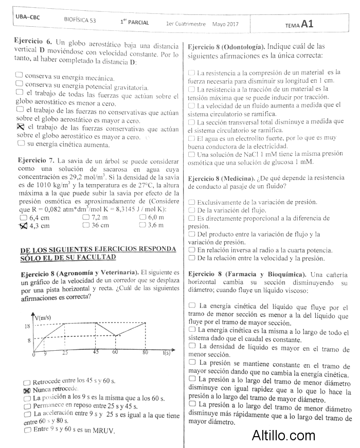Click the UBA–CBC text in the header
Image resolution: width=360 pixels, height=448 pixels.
coord(28,16)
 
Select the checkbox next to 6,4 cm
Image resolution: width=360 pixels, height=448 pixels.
coord(23,218)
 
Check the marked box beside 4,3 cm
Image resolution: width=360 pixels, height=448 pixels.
coord(23,225)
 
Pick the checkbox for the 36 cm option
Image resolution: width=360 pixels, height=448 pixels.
coord(86,225)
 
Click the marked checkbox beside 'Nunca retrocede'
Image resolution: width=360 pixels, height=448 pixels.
coord(27,390)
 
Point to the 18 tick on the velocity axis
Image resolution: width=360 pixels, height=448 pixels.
coord(27,327)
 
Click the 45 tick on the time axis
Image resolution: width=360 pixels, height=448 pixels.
coord(96,352)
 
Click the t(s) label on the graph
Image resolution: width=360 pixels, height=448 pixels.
coord(167,353)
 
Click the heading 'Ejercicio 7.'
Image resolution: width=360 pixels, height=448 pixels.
coord(36,160)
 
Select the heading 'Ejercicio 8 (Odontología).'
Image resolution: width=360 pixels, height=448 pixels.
coord(226,46)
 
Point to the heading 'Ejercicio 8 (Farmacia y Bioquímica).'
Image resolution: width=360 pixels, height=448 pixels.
coord(247,274)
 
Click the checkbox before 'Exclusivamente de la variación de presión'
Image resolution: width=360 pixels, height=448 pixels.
coord(192,203)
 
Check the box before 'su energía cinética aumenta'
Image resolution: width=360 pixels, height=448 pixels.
coord(20,144)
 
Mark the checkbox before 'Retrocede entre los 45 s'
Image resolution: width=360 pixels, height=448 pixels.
coord(27,382)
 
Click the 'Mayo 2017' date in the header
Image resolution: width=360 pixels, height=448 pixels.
coord(225,24)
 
